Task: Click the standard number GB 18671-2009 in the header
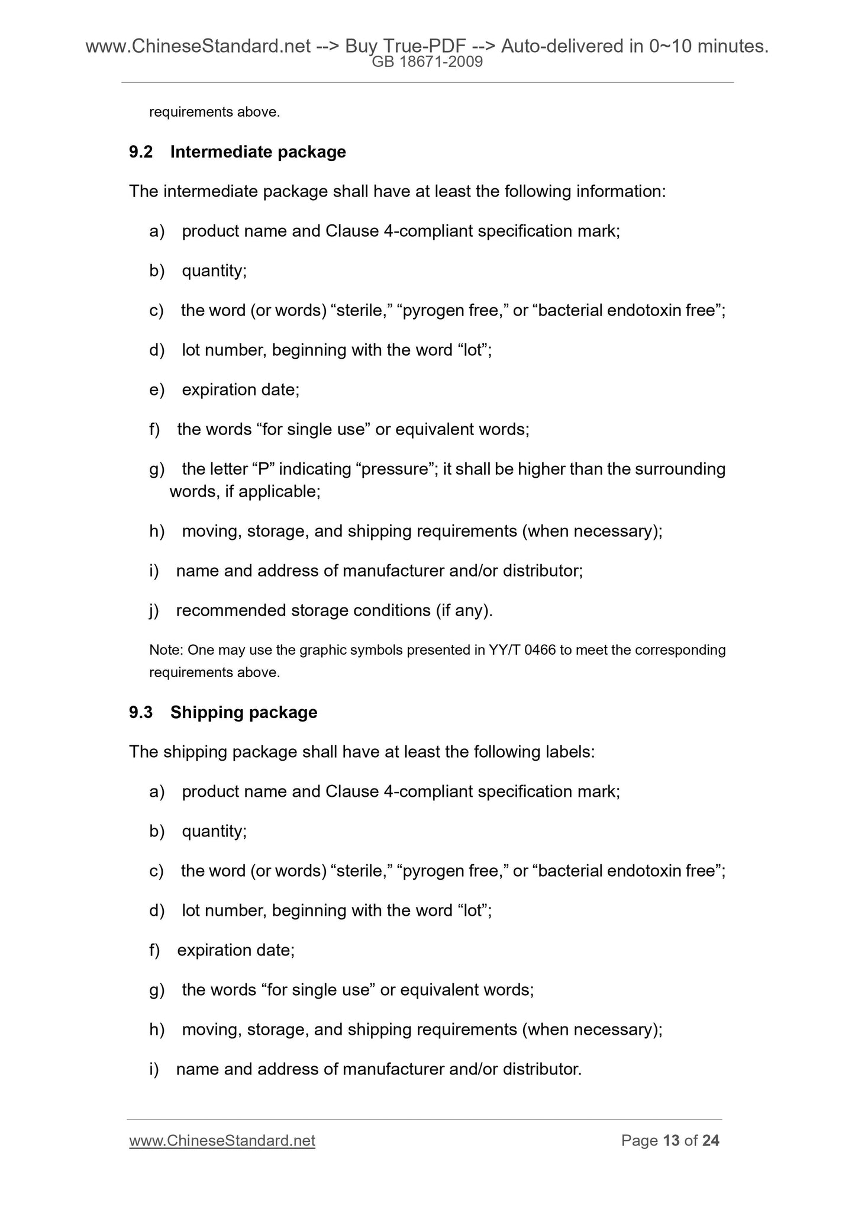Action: coord(427,62)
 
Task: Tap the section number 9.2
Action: coord(141,152)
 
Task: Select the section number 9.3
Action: coord(141,712)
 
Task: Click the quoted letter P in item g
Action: coord(263,469)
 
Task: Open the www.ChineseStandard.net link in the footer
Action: coord(222,1141)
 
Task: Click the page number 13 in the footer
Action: coord(671,1141)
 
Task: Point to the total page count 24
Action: coord(710,1141)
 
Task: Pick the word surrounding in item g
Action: coord(680,469)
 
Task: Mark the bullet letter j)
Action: coord(154,610)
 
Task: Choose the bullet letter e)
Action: coord(156,390)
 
